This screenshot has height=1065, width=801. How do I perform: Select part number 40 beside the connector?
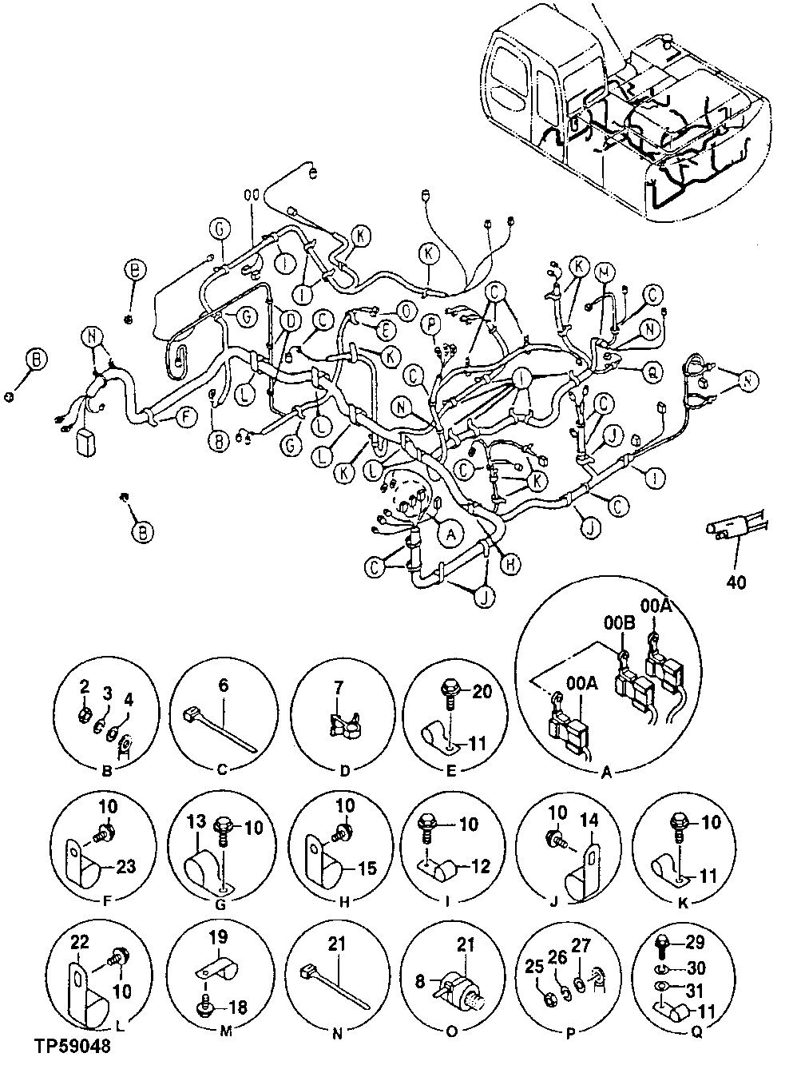[x=736, y=582]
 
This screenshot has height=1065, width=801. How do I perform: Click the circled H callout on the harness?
[x=512, y=565]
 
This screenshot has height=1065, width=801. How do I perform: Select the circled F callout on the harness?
[x=184, y=416]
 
